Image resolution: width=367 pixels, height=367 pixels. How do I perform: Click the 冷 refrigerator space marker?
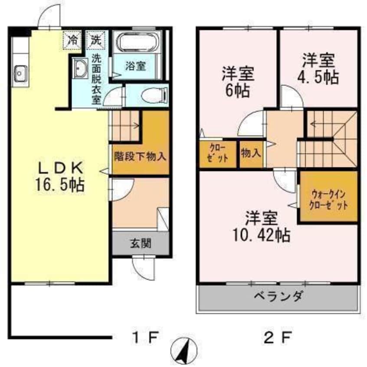[72, 40]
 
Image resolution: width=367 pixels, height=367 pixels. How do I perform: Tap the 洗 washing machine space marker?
[95, 40]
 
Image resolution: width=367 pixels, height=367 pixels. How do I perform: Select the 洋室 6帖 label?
[238, 81]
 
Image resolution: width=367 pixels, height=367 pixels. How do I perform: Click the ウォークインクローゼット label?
[328, 199]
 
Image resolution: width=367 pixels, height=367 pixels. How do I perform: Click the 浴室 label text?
[135, 66]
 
